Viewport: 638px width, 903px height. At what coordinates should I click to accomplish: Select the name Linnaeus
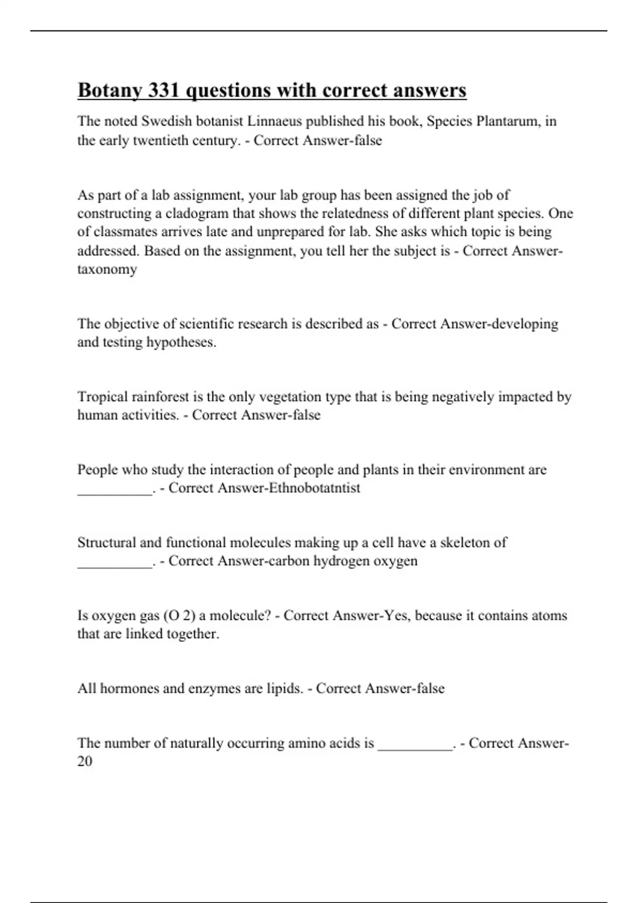click(x=274, y=121)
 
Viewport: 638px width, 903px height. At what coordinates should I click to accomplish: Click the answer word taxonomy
click(x=107, y=269)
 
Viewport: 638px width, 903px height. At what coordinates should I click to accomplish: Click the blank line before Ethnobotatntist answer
click(x=115, y=491)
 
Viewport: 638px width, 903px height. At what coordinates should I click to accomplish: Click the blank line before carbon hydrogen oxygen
click(x=115, y=564)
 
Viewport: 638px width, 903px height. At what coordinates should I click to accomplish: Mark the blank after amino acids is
click(x=415, y=746)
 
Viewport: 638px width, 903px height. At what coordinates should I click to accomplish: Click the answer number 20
click(x=85, y=762)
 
